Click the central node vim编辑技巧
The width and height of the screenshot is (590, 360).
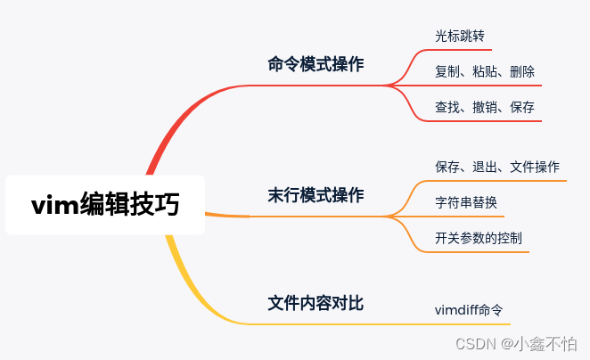point(105,205)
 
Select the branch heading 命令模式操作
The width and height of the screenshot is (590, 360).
point(315,64)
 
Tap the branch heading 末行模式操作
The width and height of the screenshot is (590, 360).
point(315,194)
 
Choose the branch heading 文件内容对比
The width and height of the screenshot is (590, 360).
point(315,303)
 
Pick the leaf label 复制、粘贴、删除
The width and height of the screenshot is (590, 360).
point(485,71)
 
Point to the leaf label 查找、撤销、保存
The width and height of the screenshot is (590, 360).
point(485,107)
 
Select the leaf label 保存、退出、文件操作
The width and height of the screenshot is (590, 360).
point(497,167)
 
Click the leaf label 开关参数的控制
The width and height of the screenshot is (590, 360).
point(479,238)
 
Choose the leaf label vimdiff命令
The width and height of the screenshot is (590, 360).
point(469,310)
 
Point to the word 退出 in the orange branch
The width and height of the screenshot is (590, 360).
point(485,167)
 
